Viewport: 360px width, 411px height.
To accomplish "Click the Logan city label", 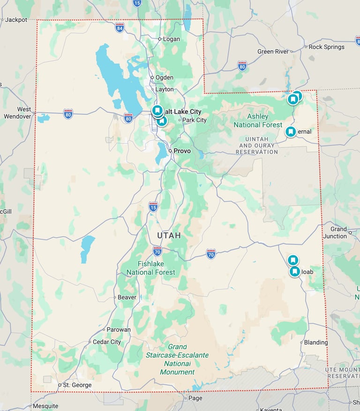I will pos(171,39).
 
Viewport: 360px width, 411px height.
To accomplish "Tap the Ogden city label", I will pos(164,77).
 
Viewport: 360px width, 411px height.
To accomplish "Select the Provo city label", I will pos(182,151).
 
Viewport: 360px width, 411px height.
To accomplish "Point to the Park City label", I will pos(194,120).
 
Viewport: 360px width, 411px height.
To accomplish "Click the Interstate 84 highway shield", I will pos(120,28).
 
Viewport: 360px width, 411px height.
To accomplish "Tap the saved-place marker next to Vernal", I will pos(291,132).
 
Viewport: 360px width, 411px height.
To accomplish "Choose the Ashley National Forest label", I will pos(258,121).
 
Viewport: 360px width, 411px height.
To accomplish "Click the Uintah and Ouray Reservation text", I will pos(256,145).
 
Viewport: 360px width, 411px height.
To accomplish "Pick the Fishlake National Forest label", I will pos(150,268).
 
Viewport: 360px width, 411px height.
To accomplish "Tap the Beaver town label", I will pos(127,297).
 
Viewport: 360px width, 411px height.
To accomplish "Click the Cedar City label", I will pos(106,342).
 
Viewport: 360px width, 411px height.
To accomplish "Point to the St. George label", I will pos(77,385).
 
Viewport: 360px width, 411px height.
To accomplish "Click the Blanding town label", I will pos(315,342).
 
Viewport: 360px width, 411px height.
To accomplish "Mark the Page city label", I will pos(195,398).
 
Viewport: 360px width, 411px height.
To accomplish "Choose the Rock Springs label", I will pos(326,47).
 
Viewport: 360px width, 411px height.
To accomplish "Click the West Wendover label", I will pos(18,113).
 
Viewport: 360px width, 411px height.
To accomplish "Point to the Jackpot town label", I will pos(16,20).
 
